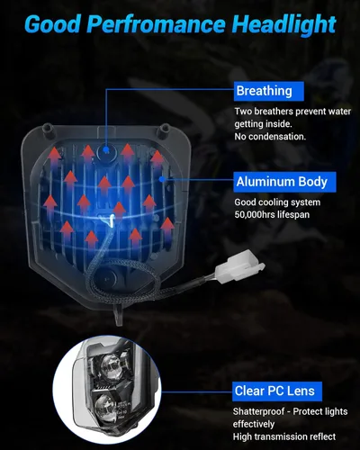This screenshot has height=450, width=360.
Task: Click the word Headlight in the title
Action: click(x=283, y=24)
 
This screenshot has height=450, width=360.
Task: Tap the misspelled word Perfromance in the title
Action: click(x=156, y=24)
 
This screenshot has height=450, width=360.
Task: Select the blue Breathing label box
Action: click(x=268, y=91)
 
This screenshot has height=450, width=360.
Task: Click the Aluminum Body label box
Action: click(x=284, y=182)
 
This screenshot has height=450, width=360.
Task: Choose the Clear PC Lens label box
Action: click(x=277, y=391)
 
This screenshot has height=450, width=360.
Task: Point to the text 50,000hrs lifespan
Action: click(x=272, y=215)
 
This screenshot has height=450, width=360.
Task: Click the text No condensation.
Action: click(x=270, y=137)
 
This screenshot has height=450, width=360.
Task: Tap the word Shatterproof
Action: click(x=258, y=411)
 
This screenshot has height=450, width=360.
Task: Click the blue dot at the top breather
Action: click(x=106, y=148)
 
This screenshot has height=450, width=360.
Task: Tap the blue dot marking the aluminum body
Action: click(x=162, y=179)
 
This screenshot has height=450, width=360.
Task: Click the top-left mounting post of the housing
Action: click(x=49, y=129)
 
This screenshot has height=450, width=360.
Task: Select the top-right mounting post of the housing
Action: click(x=165, y=130)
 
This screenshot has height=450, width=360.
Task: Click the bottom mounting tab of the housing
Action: click(x=120, y=316)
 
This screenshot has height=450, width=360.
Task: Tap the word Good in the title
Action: click(x=51, y=24)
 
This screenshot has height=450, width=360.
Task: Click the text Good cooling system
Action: click(x=277, y=202)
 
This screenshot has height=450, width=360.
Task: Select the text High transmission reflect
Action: click(x=284, y=436)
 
